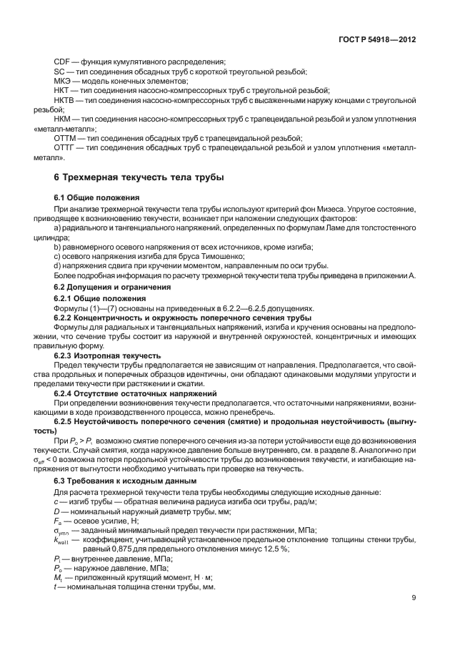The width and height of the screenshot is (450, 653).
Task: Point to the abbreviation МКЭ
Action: pos(64,82)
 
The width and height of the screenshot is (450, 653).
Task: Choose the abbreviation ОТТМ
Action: pos(66,137)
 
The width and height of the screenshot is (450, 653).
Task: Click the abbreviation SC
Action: pos(60,72)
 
